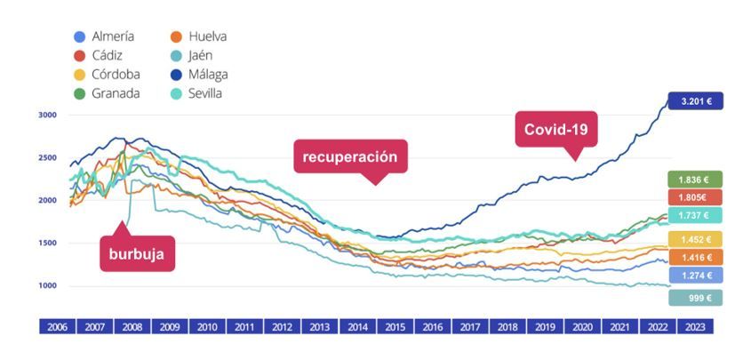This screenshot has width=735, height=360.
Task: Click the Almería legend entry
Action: [104, 36]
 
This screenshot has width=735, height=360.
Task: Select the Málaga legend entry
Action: [200, 74]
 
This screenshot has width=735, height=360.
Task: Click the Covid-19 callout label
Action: [557, 130]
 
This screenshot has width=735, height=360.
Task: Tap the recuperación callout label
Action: [350, 157]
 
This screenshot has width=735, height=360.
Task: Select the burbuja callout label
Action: [137, 252]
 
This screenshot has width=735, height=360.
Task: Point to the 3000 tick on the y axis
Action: [47, 115]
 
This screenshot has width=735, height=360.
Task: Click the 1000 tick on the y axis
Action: [47, 286]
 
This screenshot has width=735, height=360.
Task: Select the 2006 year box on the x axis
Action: [57, 327]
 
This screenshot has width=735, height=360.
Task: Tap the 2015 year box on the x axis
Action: [395, 327]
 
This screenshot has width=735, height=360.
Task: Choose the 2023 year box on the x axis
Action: [694, 327]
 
